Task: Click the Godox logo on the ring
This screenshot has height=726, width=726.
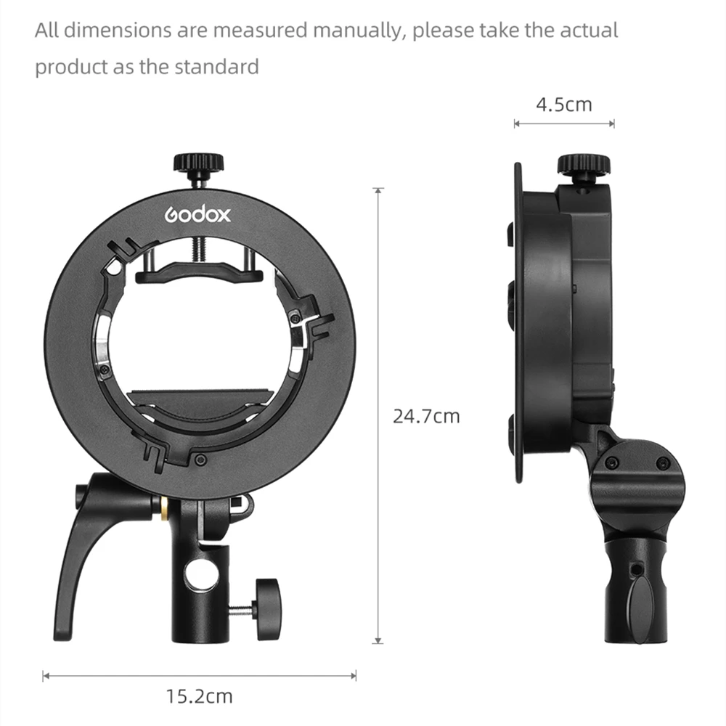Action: [x=197, y=214]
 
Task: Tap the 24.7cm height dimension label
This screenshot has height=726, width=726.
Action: [x=426, y=416]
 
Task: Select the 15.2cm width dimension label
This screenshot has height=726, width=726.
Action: [x=200, y=696]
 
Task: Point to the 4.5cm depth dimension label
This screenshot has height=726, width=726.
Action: [x=564, y=105]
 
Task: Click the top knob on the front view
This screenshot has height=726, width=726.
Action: [x=199, y=163]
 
